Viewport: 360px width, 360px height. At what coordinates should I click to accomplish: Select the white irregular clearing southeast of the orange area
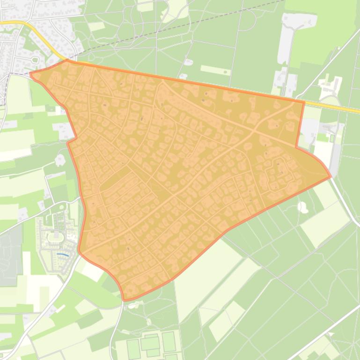303,207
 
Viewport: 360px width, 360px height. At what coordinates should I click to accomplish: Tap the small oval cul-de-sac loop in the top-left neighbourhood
35,59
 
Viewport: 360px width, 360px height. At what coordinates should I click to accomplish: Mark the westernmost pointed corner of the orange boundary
30,73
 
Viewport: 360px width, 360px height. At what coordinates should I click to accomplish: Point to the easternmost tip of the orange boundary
331,177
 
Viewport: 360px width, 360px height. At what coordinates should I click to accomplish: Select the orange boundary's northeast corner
304,101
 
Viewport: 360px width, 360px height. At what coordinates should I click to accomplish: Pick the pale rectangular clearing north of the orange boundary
215,70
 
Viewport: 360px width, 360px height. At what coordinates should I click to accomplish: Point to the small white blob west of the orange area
60,160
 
